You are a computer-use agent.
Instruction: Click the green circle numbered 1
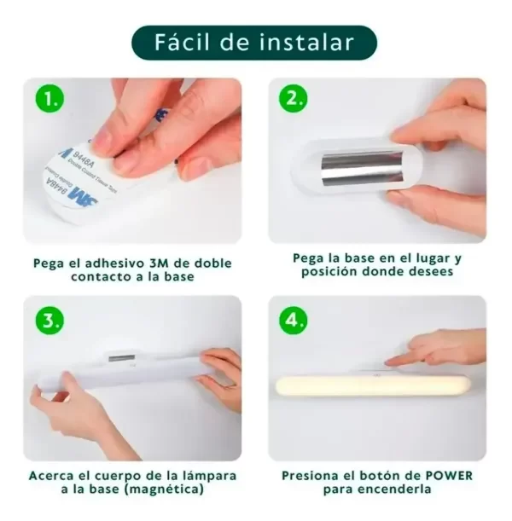click(49, 98)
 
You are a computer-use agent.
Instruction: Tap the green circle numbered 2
click(293, 98)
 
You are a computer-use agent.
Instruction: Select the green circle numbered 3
click(49, 321)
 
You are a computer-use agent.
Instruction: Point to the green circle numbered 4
click(293, 321)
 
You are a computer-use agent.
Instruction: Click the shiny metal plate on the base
click(363, 168)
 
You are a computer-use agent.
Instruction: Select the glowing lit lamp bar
click(373, 385)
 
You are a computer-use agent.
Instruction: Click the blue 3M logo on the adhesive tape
click(83, 195)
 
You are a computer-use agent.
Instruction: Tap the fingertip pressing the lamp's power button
click(390, 362)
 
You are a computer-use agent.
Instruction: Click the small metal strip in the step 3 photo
click(122, 358)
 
